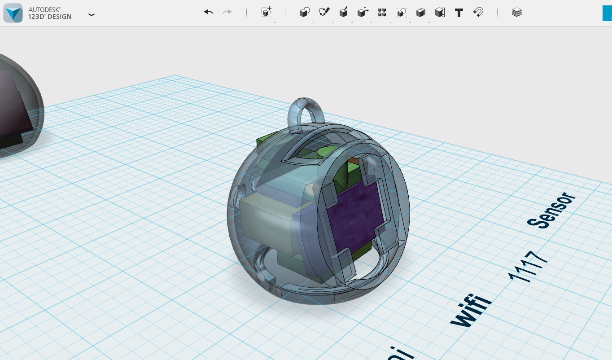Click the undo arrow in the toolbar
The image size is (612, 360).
(x=208, y=12)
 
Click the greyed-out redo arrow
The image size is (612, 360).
(x=227, y=12)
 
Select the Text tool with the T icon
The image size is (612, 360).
(x=459, y=13)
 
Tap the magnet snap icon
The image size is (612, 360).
(x=478, y=12)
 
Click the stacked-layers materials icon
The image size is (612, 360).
(x=517, y=13)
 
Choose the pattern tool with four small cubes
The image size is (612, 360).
(x=382, y=13)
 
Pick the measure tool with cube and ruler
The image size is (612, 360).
(x=440, y=13)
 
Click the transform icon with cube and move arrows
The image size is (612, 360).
(x=363, y=13)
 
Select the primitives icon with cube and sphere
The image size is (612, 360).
(x=305, y=13)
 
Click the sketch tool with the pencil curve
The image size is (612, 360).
(x=324, y=12)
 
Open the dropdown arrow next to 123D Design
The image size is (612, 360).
(x=92, y=15)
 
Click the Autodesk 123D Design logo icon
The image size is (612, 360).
(x=13, y=13)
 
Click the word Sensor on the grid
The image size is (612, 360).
(x=551, y=211)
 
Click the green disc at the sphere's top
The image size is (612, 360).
(x=328, y=153)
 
